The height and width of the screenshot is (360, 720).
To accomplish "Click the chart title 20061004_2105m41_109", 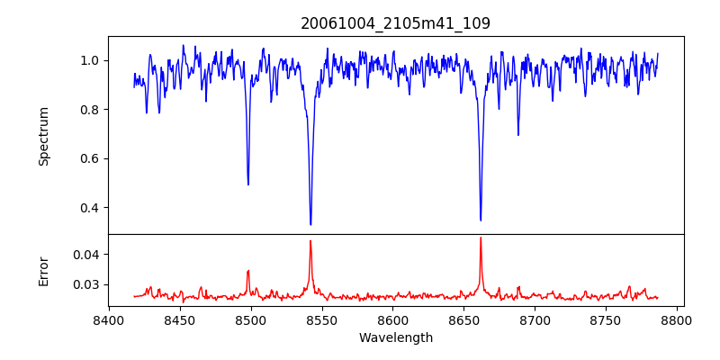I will click(395, 23).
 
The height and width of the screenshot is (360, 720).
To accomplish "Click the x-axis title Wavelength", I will click(395, 337).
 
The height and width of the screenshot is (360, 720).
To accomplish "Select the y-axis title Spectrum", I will click(44, 135).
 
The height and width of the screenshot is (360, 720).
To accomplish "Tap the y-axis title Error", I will click(44, 270).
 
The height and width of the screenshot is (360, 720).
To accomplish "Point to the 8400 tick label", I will click(109, 319).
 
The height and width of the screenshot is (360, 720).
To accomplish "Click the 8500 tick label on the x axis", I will click(251, 319).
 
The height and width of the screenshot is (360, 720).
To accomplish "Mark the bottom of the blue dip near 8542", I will click(310, 224).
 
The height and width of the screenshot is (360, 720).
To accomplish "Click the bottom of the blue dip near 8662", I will click(481, 220).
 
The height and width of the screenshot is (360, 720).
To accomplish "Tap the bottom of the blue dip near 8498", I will click(248, 184).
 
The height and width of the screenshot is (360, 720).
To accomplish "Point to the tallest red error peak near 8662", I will click(481, 238).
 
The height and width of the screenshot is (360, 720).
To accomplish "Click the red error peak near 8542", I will click(310, 240).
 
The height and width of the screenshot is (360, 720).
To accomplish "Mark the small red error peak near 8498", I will click(248, 271).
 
